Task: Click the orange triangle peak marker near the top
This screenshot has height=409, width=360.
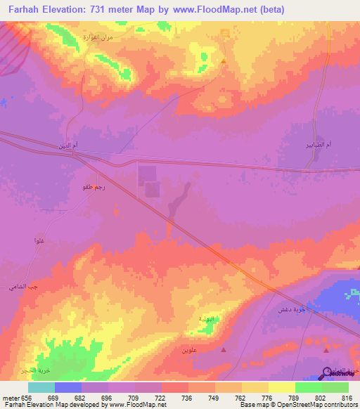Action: [x=224, y=61]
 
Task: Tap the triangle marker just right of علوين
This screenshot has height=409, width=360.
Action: [x=224, y=349]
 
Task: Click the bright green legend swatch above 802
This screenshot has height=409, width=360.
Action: [x=308, y=387]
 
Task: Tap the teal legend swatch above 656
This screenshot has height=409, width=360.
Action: [x=41, y=387]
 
